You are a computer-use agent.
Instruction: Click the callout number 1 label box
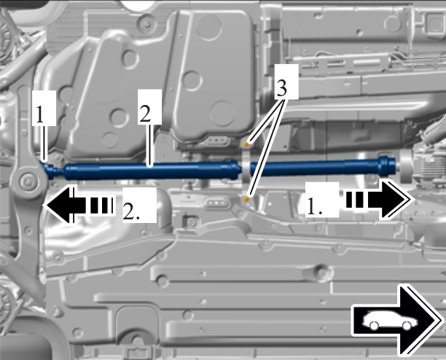[44, 108]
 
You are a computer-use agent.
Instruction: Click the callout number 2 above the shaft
[150, 107]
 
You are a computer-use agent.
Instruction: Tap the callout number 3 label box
[286, 82]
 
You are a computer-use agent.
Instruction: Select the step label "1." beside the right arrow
[322, 200]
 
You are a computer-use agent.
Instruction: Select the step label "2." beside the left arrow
[139, 205]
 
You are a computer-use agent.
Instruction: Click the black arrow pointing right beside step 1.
[378, 200]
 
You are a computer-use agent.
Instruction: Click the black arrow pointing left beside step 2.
[79, 204]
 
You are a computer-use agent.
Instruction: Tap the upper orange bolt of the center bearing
[246, 144]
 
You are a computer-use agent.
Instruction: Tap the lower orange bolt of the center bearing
[246, 199]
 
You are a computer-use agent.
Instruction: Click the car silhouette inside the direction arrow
[390, 321]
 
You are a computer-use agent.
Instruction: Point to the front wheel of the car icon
[407, 326]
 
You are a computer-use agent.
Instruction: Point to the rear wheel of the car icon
[374, 326]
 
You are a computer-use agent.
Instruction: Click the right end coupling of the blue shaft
[387, 165]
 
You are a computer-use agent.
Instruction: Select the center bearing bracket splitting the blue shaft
[246, 171]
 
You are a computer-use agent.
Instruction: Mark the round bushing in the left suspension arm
[28, 181]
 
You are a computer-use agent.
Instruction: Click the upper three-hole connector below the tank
[216, 141]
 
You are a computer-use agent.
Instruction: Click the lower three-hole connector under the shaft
[216, 203]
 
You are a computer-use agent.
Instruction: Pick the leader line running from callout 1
[44, 144]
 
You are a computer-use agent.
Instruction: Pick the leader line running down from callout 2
[150, 146]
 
